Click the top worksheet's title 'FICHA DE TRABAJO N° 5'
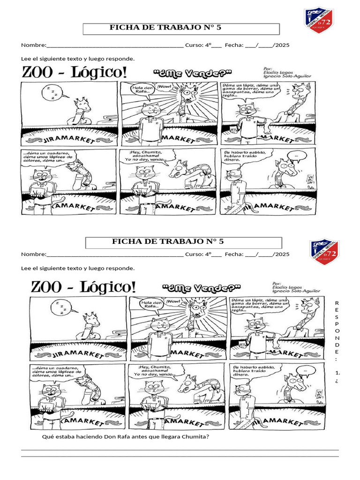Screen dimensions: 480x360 (165, 28)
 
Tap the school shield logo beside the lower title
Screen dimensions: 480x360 (324, 253)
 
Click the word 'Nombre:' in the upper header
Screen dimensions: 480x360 (33, 45)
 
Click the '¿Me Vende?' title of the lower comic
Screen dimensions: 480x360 (201, 287)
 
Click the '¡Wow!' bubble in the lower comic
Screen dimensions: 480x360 (173, 300)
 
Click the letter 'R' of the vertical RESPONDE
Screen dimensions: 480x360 (336, 303)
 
